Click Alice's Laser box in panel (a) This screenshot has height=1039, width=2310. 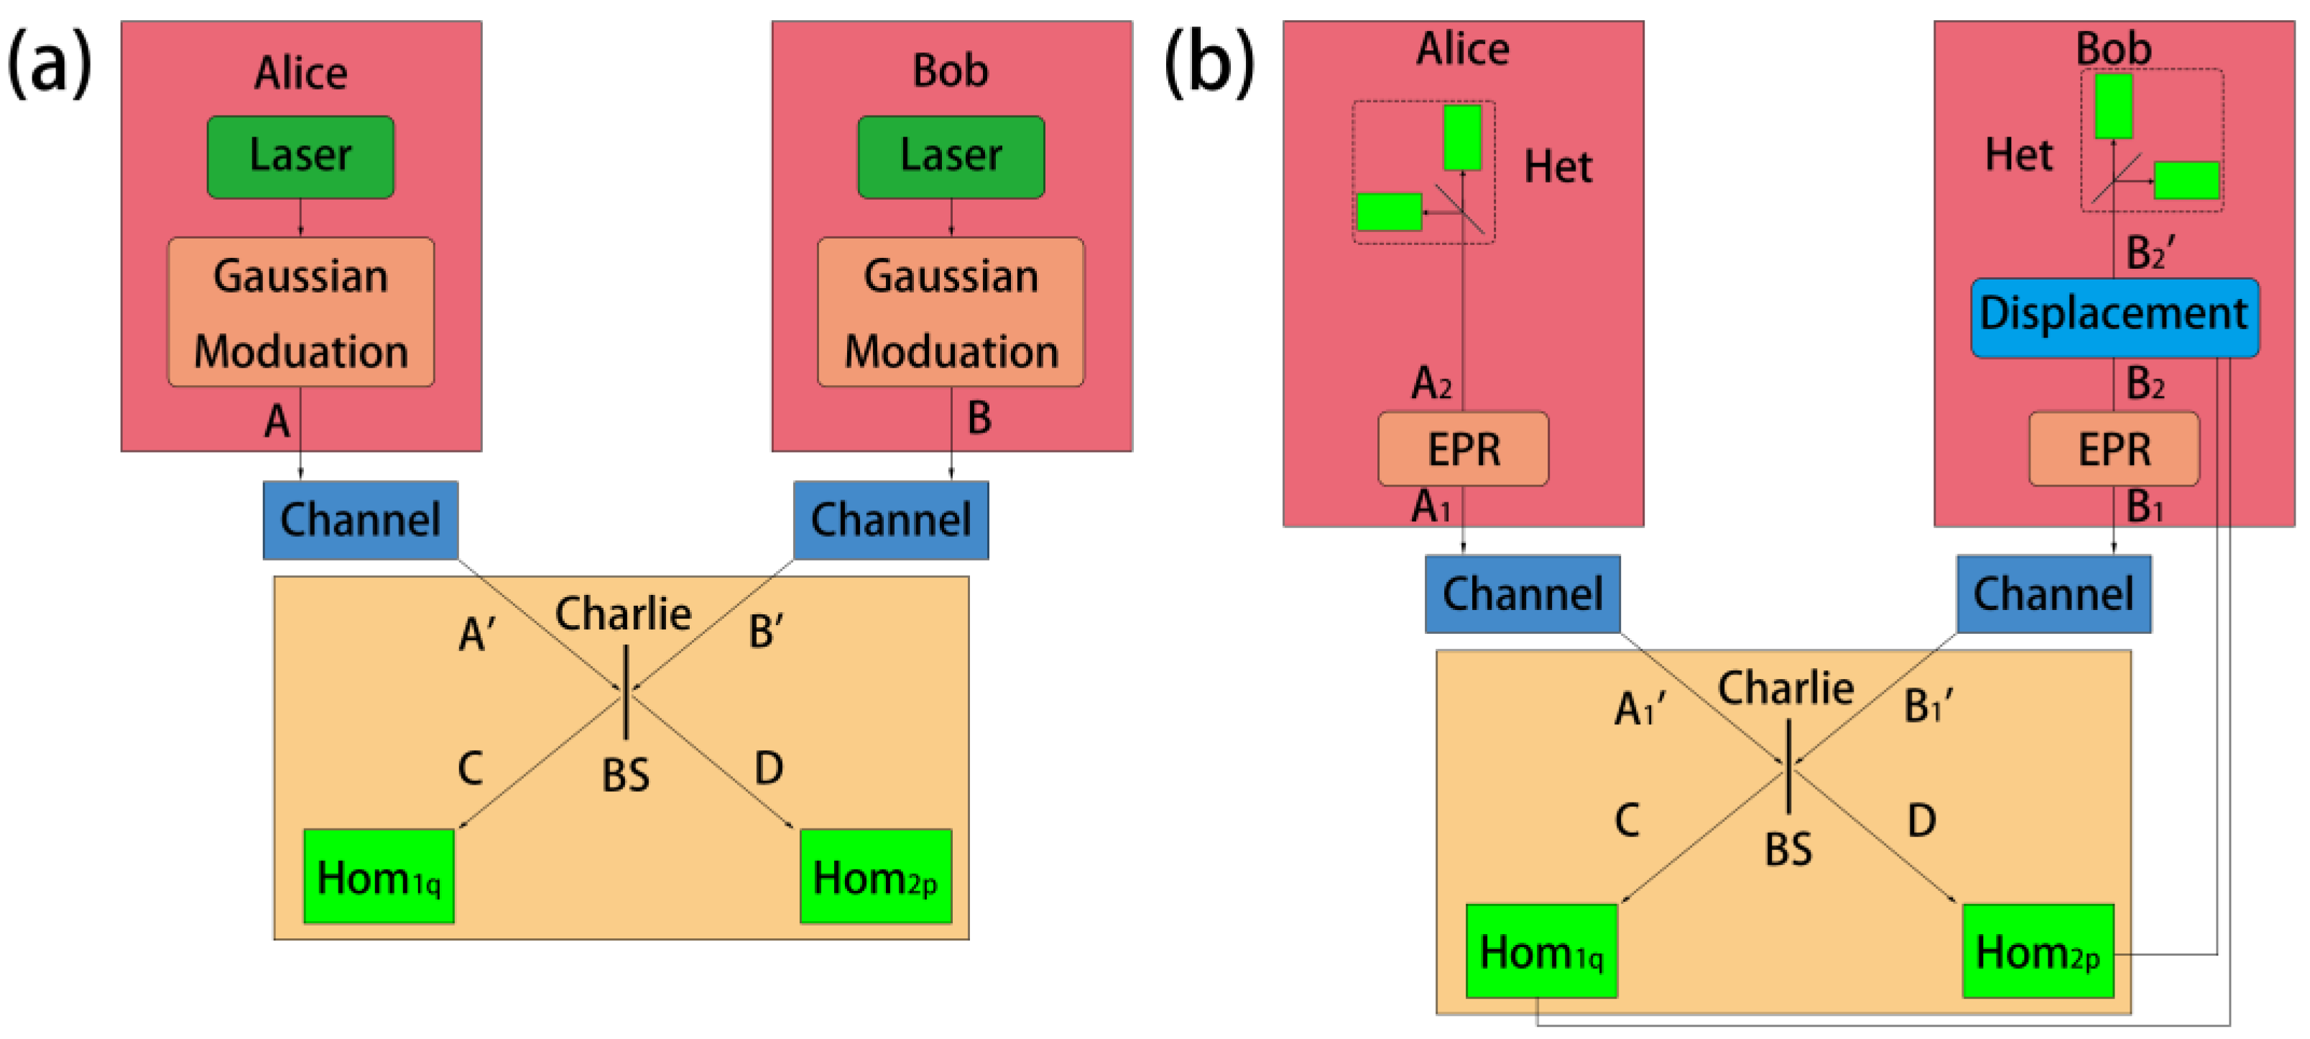click(300, 157)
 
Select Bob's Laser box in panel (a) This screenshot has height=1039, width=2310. click(951, 157)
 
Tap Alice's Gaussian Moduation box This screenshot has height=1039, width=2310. click(300, 312)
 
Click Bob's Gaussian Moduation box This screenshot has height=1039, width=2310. click(951, 312)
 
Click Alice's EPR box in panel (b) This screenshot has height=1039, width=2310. click(1463, 448)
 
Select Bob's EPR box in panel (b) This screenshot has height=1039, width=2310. click(2114, 448)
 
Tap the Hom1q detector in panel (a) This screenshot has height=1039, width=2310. click(379, 876)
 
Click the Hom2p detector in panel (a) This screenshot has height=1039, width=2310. click(875, 876)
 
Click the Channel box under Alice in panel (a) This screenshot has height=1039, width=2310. click(361, 520)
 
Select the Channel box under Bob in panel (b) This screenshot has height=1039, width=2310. click(2053, 594)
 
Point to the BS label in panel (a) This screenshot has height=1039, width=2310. click(625, 775)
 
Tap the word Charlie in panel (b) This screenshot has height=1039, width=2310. click(1785, 688)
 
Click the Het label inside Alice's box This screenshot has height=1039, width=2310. click(1558, 167)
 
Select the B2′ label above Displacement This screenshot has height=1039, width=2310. click(2150, 253)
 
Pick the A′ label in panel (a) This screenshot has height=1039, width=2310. click(476, 634)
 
